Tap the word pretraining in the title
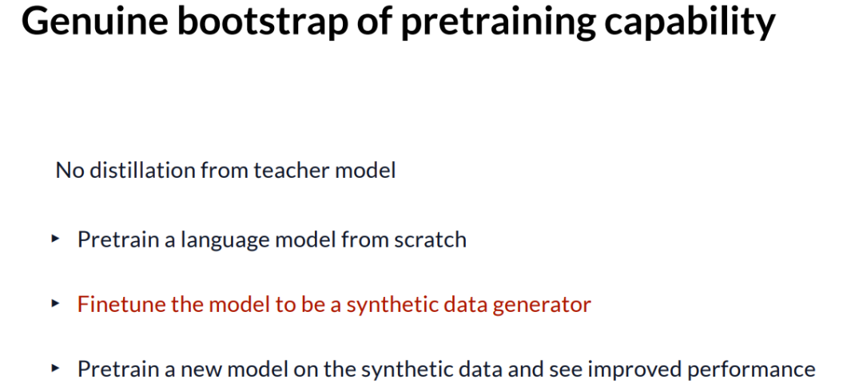click(491, 23)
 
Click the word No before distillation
click(70, 171)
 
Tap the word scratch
click(431, 239)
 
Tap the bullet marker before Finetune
click(54, 303)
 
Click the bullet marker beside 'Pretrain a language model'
click(54, 239)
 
